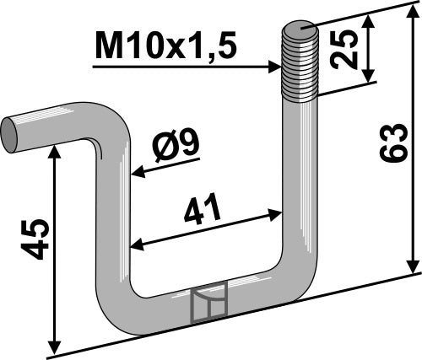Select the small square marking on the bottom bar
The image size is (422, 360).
click(x=208, y=303)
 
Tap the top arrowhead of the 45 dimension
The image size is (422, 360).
click(x=56, y=148)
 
